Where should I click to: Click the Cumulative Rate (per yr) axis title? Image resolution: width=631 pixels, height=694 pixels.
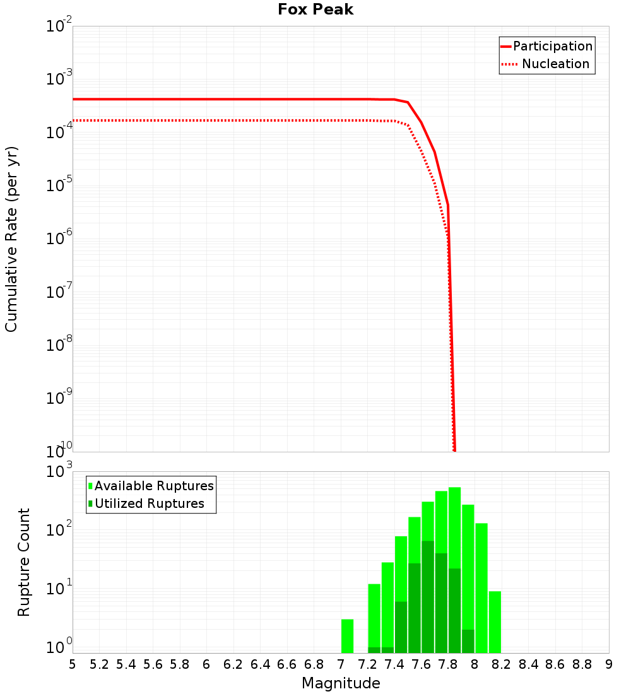[x=11, y=238]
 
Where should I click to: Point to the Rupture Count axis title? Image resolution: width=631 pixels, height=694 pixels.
[x=24, y=562]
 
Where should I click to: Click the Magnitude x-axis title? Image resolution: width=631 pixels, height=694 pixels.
[x=341, y=683]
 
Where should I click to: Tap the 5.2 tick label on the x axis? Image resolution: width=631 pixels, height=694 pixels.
[x=99, y=664]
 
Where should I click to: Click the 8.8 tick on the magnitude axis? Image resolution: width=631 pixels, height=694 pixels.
[x=582, y=664]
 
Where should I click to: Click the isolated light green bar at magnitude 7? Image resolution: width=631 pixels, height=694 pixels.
[x=347, y=636]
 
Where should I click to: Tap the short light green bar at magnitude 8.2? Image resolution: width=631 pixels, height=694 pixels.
[x=495, y=621]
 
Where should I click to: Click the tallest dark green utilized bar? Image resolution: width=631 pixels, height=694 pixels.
[x=428, y=596]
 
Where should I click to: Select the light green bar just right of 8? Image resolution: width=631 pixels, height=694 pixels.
[x=481, y=587]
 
